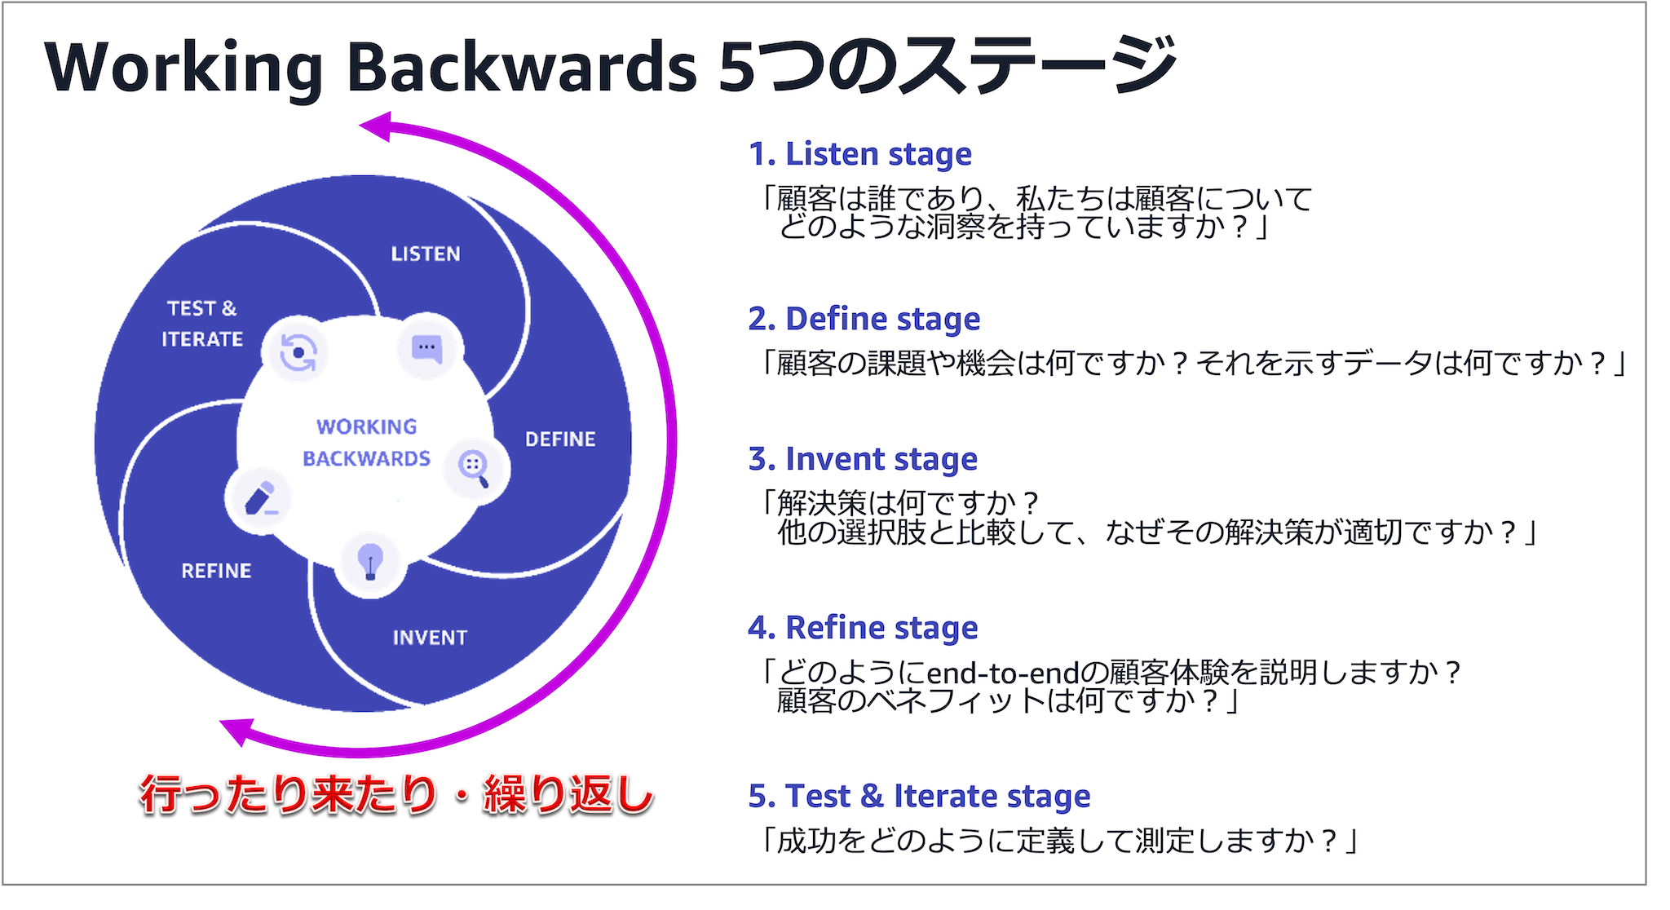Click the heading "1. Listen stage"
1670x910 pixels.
(x=860, y=155)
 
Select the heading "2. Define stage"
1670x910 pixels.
(x=864, y=320)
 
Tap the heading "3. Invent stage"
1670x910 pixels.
(x=863, y=460)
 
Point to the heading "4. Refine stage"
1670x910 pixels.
(x=863, y=629)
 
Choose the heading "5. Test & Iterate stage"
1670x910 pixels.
(x=919, y=797)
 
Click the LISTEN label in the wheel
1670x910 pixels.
(x=426, y=254)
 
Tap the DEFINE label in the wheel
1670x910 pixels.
(x=560, y=440)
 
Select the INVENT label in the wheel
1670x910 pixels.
(x=430, y=638)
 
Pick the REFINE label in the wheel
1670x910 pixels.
(x=216, y=571)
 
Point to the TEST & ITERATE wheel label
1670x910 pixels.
(x=202, y=324)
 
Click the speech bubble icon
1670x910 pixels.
(x=426, y=348)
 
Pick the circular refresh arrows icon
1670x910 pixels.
(x=298, y=352)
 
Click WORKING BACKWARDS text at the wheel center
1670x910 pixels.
(x=366, y=443)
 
